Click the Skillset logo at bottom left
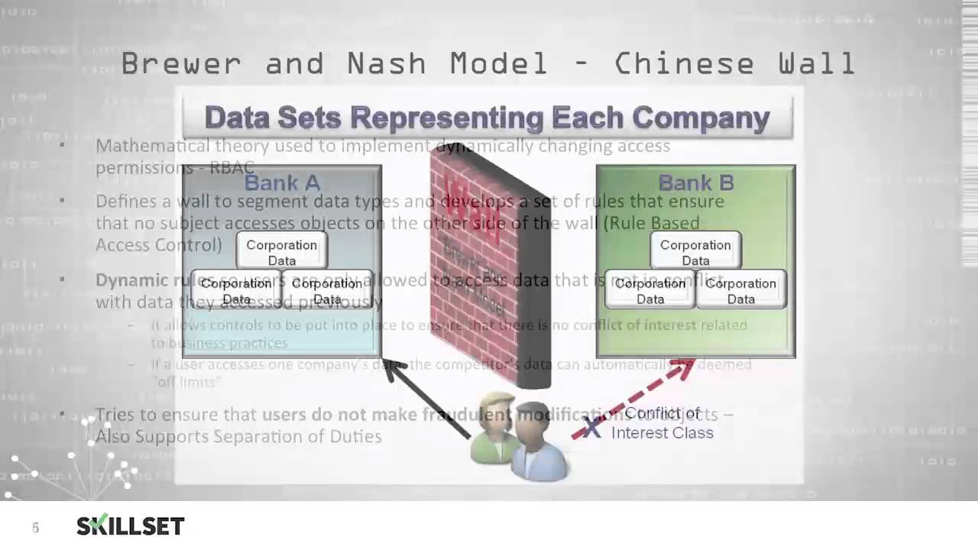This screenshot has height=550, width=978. pos(130,526)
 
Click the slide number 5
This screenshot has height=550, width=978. pos(35,528)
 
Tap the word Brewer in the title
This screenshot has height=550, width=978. pos(180,64)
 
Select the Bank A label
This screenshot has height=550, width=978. pos(281,183)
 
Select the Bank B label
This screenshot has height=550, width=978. pos(695,183)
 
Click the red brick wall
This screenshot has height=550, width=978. pos(489,260)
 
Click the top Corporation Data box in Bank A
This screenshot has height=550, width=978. pos(281,252)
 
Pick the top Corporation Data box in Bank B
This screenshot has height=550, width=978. pos(695,252)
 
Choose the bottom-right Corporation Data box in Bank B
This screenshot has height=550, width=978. pos(740,290)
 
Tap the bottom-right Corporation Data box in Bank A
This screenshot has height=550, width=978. pos(327,290)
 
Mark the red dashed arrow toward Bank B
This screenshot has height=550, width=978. pos(634,397)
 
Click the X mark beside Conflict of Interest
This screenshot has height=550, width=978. pos(592,426)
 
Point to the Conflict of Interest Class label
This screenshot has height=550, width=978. pos(662,423)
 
